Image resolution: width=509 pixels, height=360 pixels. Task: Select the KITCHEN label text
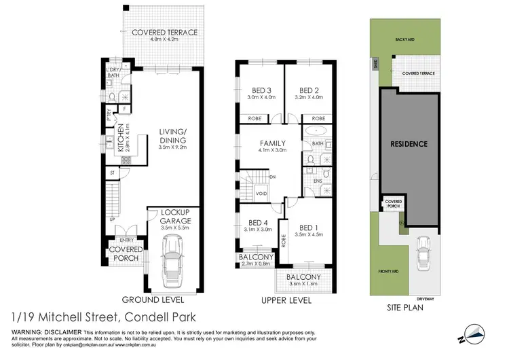(121, 139)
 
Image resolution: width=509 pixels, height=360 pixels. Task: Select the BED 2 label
(309, 90)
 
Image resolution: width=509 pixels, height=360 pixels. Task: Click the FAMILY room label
(271, 143)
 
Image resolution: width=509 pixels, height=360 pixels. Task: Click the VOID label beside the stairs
(261, 193)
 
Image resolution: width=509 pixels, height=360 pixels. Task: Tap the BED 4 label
(259, 223)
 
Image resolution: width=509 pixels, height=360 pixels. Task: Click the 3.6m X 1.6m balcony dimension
(303, 285)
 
